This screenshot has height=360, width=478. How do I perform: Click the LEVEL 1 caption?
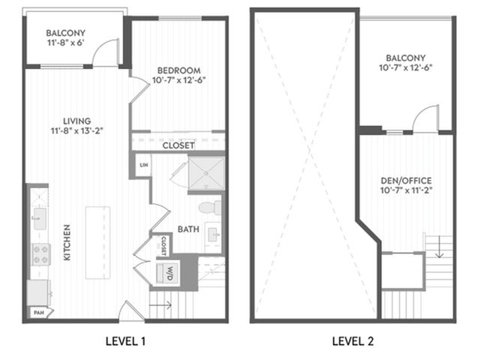(x=125, y=341)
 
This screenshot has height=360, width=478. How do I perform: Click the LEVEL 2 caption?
(x=353, y=341)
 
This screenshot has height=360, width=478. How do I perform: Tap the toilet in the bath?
(x=210, y=208)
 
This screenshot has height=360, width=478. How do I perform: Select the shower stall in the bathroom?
(x=206, y=173)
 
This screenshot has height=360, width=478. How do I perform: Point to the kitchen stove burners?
(x=41, y=254)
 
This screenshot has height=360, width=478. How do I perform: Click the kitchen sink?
(x=40, y=219)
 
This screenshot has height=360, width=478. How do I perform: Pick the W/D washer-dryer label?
(x=170, y=274)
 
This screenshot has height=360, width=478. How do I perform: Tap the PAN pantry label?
(x=39, y=313)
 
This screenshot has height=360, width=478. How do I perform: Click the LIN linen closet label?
(x=144, y=165)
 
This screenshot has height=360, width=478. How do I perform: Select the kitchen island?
(x=98, y=243)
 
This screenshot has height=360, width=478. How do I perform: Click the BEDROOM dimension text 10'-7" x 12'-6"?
(x=179, y=80)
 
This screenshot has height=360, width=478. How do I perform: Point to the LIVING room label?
(x=77, y=121)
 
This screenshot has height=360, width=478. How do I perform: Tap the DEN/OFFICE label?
(x=406, y=181)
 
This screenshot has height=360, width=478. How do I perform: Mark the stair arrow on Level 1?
(x=161, y=304)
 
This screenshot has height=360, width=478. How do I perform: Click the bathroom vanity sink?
(x=213, y=235)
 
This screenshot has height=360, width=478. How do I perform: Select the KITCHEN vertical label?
(x=67, y=243)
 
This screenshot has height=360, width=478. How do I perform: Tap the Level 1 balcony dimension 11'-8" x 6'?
(x=65, y=43)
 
